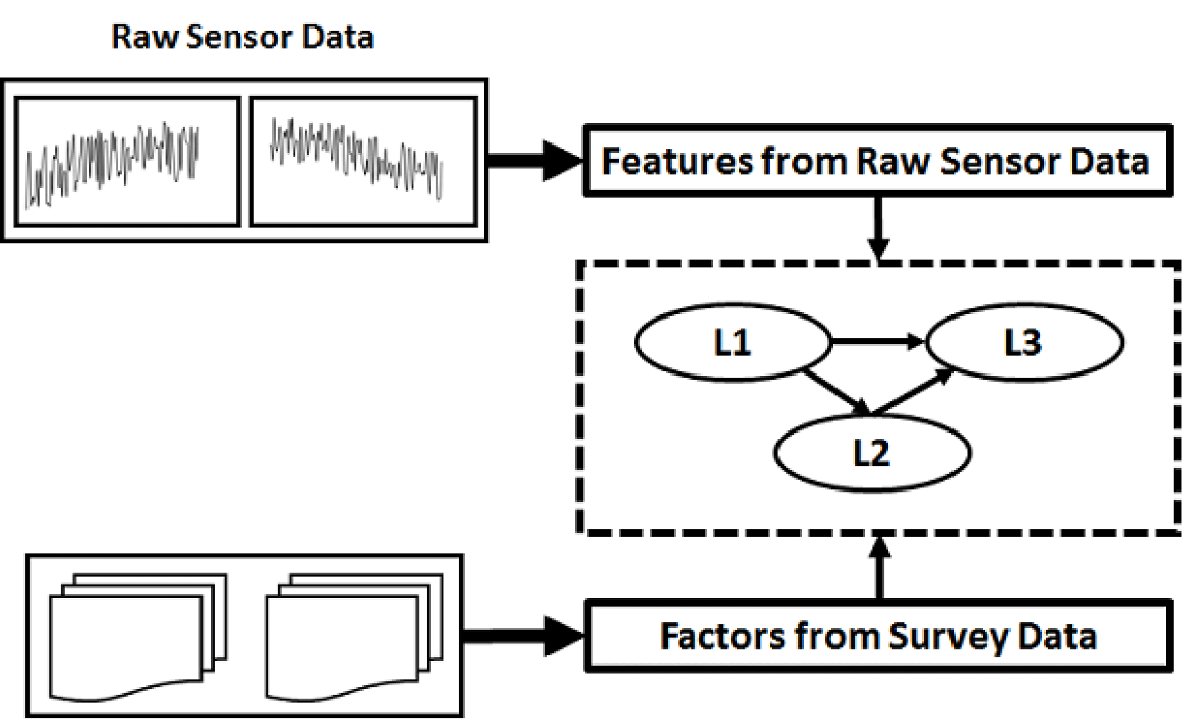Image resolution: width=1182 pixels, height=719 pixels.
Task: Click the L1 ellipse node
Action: click(733, 342)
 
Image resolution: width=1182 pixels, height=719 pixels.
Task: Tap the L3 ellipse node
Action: click(1024, 342)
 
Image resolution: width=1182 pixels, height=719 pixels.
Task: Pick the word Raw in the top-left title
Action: click(145, 37)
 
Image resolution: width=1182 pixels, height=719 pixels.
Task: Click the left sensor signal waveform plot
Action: click(128, 161)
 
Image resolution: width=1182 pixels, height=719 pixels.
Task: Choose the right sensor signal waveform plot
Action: click(364, 161)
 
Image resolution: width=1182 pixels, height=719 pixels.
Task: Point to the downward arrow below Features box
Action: click(878, 227)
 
